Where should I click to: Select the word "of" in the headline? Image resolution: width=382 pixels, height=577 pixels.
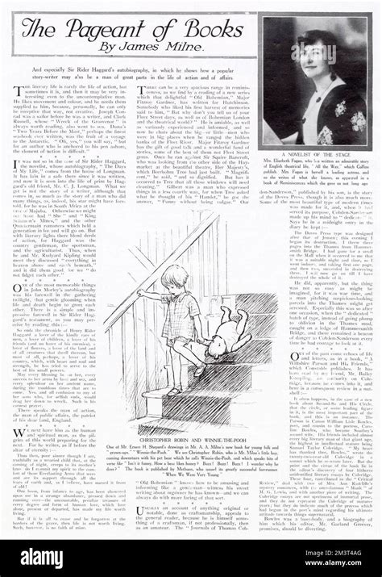click(156, 29)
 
